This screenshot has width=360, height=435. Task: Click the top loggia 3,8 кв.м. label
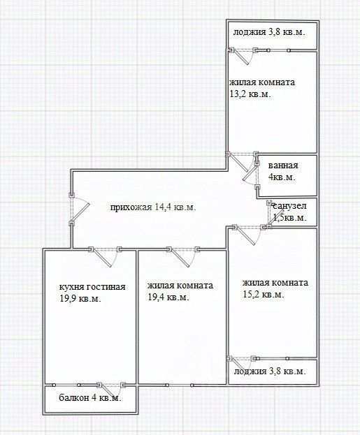(269, 32)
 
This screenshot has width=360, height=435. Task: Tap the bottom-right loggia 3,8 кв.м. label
(270, 371)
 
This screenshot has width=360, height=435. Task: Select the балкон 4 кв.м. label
(90, 398)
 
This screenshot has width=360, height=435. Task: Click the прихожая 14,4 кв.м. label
(153, 207)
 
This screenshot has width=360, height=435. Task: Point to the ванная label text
(283, 165)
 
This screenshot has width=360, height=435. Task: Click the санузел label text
(289, 206)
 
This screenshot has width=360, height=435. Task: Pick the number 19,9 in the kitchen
(68, 299)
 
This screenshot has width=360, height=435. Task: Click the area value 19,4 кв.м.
(168, 297)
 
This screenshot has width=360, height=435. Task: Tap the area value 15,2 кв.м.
(264, 295)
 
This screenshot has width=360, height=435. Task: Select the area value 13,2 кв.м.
(250, 94)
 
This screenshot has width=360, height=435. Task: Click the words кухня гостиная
(92, 286)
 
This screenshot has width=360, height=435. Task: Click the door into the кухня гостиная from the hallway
(105, 257)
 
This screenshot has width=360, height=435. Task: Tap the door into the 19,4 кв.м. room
(183, 257)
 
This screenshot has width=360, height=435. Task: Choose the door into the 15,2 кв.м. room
(249, 235)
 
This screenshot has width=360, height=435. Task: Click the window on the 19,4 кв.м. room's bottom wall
(180, 385)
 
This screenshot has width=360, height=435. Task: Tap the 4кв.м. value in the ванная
(282, 177)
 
